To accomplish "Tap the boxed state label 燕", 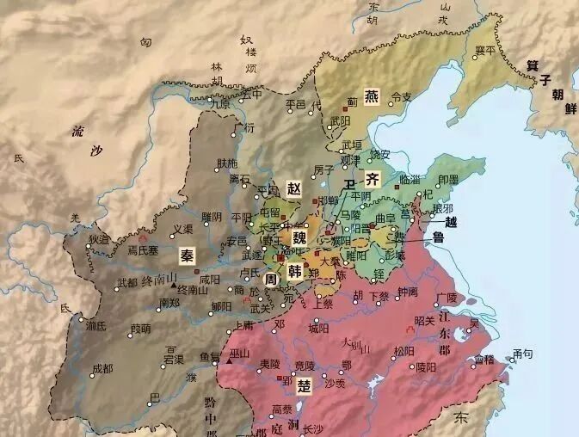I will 372,96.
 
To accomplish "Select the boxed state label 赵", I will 294,188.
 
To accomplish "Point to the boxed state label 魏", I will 298,237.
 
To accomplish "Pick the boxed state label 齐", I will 372,181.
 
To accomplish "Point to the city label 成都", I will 102,369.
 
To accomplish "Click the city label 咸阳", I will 209,280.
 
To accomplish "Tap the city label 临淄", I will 410,178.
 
